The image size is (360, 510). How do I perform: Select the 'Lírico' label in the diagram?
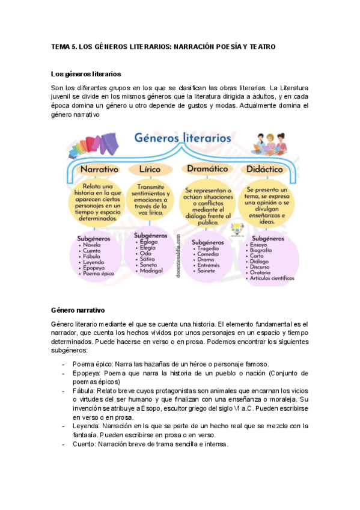tap(150, 169)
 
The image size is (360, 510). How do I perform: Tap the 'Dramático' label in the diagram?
tap(207, 169)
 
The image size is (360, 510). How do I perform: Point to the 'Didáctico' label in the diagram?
tap(266, 169)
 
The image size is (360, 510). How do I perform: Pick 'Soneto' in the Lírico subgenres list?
tap(148, 265)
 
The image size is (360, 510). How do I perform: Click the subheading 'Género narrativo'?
tap(79, 310)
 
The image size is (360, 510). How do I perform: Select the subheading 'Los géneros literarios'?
tap(87, 74)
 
